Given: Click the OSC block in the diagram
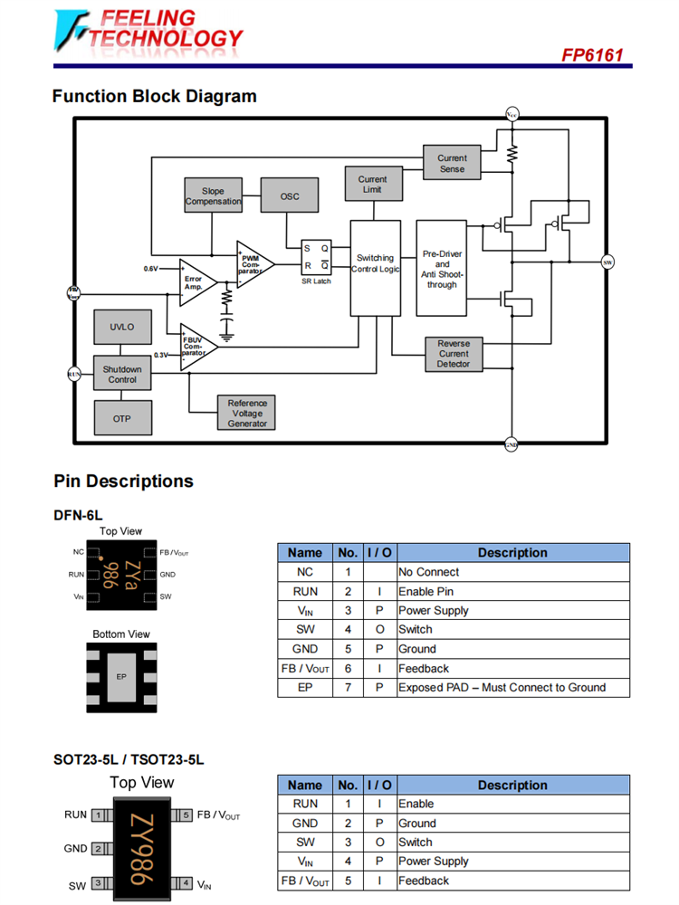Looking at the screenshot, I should pyautogui.click(x=290, y=196).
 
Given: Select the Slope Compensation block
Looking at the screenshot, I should pyautogui.click(x=213, y=196).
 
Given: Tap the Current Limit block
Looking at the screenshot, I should pyautogui.click(x=372, y=184).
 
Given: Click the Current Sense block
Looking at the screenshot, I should pyautogui.click(x=452, y=163).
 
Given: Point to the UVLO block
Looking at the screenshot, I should pyautogui.click(x=122, y=327).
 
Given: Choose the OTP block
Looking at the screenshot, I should pyautogui.click(x=122, y=418).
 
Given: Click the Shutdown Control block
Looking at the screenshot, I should pyautogui.click(x=122, y=374).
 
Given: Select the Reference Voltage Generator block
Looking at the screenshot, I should pyautogui.click(x=246, y=413).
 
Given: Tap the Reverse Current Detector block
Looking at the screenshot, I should pyautogui.click(x=453, y=354).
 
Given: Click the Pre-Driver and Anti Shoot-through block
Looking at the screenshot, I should pyautogui.click(x=442, y=269).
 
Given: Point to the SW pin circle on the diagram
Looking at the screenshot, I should pyautogui.click(x=607, y=262).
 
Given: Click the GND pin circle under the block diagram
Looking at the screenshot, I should pyautogui.click(x=511, y=444).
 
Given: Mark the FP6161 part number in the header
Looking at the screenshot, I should pyautogui.click(x=592, y=55).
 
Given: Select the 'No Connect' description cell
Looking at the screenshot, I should pyautogui.click(x=512, y=572).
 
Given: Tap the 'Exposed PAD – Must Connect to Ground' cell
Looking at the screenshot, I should pyautogui.click(x=512, y=688).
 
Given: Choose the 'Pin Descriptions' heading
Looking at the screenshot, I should pyautogui.click(x=124, y=481).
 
